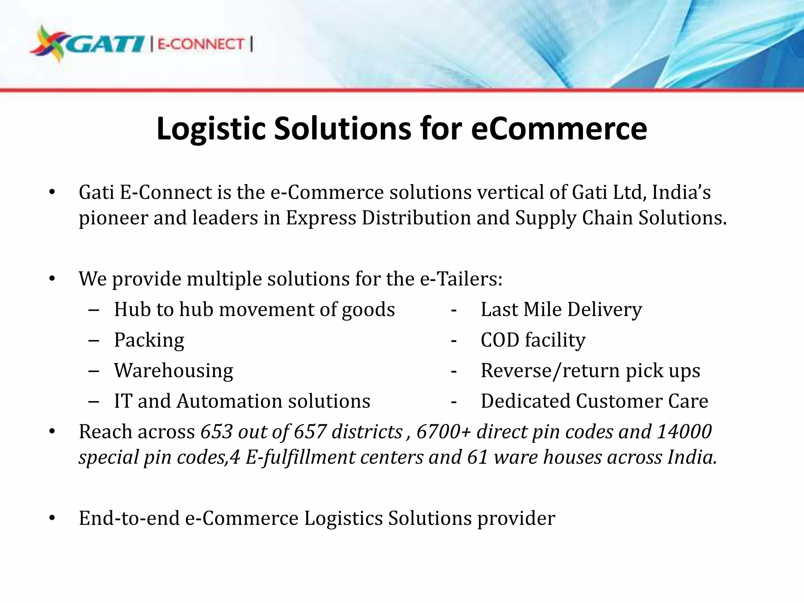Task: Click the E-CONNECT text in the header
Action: [201, 44]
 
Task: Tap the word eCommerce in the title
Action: [559, 128]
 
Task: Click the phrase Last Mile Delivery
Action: [561, 309]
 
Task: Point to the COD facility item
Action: [533, 340]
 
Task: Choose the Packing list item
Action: [149, 340]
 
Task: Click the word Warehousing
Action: [174, 371]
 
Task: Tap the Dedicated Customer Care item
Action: [594, 401]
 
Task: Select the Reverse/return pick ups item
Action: [590, 371]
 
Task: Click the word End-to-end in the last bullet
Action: [129, 518]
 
